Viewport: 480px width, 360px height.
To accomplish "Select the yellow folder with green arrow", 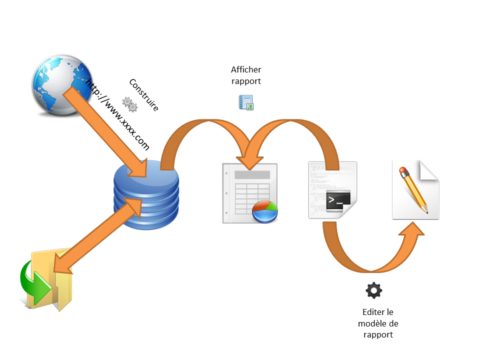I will point(47,280).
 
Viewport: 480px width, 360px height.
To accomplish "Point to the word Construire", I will point(144,95).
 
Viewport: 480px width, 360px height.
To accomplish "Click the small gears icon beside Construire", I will point(130,104).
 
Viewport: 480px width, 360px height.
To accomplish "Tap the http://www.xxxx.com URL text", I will point(118,114).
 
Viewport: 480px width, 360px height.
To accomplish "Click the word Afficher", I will point(246,70).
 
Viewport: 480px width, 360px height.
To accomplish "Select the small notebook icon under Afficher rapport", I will point(245,102).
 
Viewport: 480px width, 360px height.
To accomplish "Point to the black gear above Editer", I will point(374,290).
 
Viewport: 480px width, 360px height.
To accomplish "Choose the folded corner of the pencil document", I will point(429,170).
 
